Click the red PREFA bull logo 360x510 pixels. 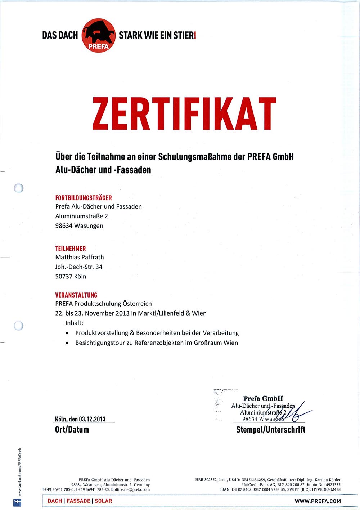(99, 35)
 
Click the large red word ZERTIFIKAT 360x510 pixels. (184, 114)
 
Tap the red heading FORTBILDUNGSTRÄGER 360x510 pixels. (84, 198)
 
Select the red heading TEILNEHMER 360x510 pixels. (71, 249)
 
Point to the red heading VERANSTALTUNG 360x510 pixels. (76, 295)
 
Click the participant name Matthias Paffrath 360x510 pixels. (80, 257)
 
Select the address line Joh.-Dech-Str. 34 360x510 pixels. (79, 267)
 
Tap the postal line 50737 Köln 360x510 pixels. (71, 277)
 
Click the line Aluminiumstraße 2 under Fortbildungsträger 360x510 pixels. (82, 216)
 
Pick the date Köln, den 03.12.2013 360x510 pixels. (80, 419)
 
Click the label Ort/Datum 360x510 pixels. (72, 430)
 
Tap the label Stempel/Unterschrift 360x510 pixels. (271, 430)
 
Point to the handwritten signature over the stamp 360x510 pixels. (293, 413)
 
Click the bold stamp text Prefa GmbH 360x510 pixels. (263, 398)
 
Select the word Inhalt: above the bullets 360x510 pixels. (74, 323)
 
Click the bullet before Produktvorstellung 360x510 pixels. (67, 333)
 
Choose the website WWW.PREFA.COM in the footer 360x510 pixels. (318, 501)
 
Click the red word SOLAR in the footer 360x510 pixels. (103, 501)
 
